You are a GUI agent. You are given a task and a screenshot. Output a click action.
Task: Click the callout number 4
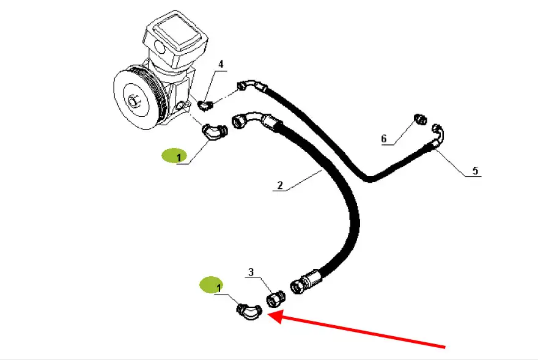(x=221, y=64)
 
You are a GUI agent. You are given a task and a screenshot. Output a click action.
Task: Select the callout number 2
(x=279, y=185)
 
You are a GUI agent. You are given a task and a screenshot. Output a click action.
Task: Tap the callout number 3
(x=251, y=272)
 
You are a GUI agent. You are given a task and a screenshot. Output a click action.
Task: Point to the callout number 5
(x=476, y=171)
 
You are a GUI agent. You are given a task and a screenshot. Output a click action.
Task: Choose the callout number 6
(x=384, y=139)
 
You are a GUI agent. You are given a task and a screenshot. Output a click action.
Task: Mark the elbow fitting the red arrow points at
(x=249, y=312)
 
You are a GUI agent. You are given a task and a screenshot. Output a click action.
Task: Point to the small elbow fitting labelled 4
(x=206, y=106)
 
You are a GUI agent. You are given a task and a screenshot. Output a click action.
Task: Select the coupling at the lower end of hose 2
(x=308, y=281)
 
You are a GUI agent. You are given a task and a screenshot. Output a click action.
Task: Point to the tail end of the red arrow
(x=444, y=347)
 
